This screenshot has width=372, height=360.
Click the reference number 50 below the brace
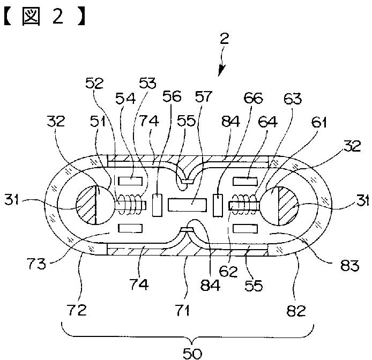point(192,354)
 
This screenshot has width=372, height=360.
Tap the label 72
point(77,310)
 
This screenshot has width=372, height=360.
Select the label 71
point(183,310)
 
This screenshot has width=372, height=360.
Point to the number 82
point(296,310)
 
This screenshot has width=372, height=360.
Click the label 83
point(350,265)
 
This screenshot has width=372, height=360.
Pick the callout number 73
point(36,264)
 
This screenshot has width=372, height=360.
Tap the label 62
point(228,271)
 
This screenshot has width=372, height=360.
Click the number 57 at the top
point(203,96)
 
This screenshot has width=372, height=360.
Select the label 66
point(254,97)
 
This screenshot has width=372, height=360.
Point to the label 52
point(95,83)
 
